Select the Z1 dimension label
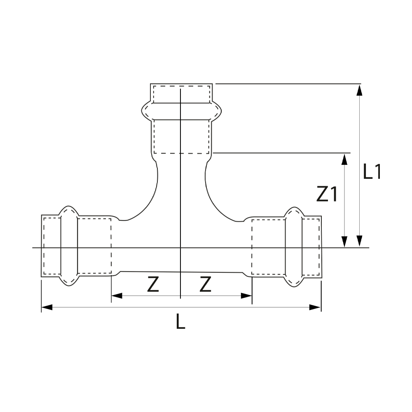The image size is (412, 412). point(327,194)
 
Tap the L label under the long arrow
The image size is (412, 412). point(180,321)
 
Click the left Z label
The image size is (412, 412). point(153,285)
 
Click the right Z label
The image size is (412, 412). point(205,285)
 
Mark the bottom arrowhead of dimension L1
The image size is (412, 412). point(360,242)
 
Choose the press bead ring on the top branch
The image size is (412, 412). point(181,111)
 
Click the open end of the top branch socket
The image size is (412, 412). point(181,84)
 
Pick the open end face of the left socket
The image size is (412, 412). point(42,246)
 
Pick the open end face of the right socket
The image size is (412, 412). point(321,246)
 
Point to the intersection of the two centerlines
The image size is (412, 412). point(180,248)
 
